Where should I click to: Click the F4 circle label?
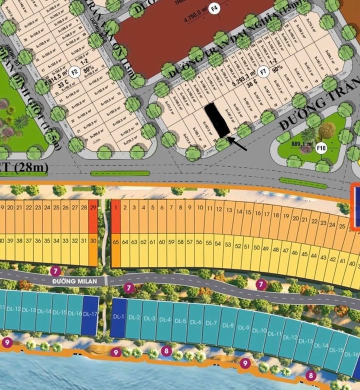pyautogui.click(x=215, y=8)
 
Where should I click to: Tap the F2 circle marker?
pyautogui.click(x=75, y=70)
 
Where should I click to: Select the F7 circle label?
pyautogui.click(x=264, y=70)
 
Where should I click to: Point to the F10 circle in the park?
pyautogui.click(x=321, y=148)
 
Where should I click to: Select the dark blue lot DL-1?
pyautogui.click(x=118, y=317)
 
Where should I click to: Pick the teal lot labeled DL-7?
pyautogui.click(x=211, y=323)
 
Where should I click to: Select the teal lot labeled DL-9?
pyautogui.click(x=243, y=328)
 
